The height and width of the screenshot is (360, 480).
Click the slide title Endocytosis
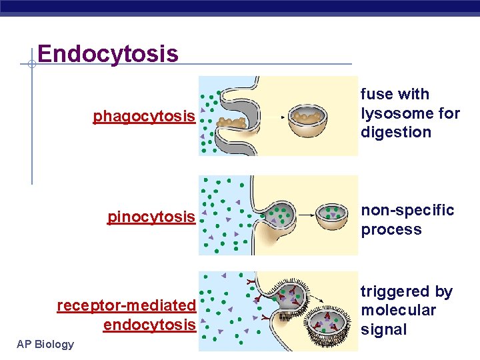tap(108, 53)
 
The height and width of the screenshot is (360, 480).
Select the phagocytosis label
tap(144, 117)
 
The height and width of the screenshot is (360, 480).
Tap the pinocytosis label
tap(151, 217)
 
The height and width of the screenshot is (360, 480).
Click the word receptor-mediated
tap(126, 305)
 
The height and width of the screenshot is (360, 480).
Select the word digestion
tap(396, 132)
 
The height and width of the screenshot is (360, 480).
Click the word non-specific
tap(407, 211)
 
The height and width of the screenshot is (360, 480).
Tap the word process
tap(391, 230)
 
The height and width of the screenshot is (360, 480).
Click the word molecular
tap(398, 310)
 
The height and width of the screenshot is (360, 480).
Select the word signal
tap(383, 329)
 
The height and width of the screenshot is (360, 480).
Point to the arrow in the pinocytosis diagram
tap(301, 215)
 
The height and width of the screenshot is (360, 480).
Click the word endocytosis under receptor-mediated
tap(149, 325)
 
